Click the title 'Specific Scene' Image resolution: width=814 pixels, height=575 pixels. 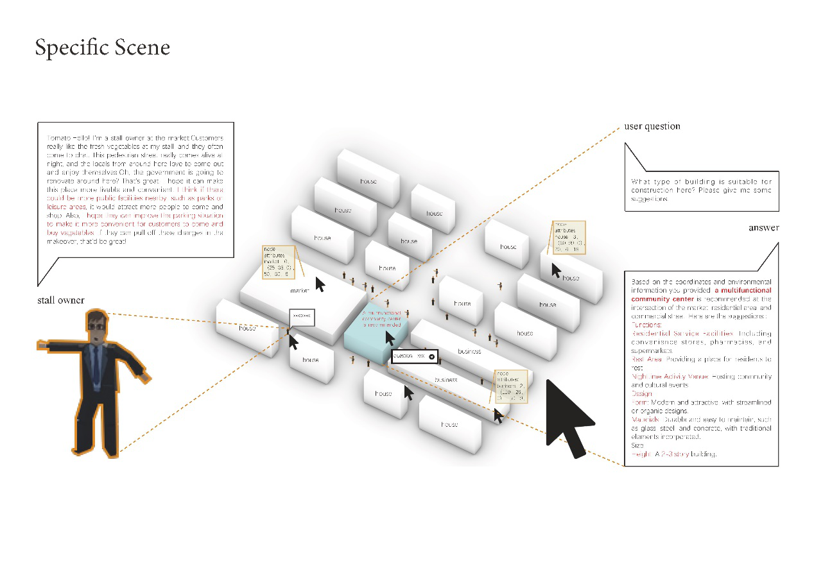[102, 48]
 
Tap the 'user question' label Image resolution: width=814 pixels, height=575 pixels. [652, 126]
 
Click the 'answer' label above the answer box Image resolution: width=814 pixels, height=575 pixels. [763, 228]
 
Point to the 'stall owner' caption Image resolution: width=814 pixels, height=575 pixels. [61, 300]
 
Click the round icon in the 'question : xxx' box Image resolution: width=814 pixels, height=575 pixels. [431, 356]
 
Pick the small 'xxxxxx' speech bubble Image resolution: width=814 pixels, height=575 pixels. [301, 316]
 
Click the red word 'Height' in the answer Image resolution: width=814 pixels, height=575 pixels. [641, 454]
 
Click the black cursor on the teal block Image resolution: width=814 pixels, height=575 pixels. [389, 338]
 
